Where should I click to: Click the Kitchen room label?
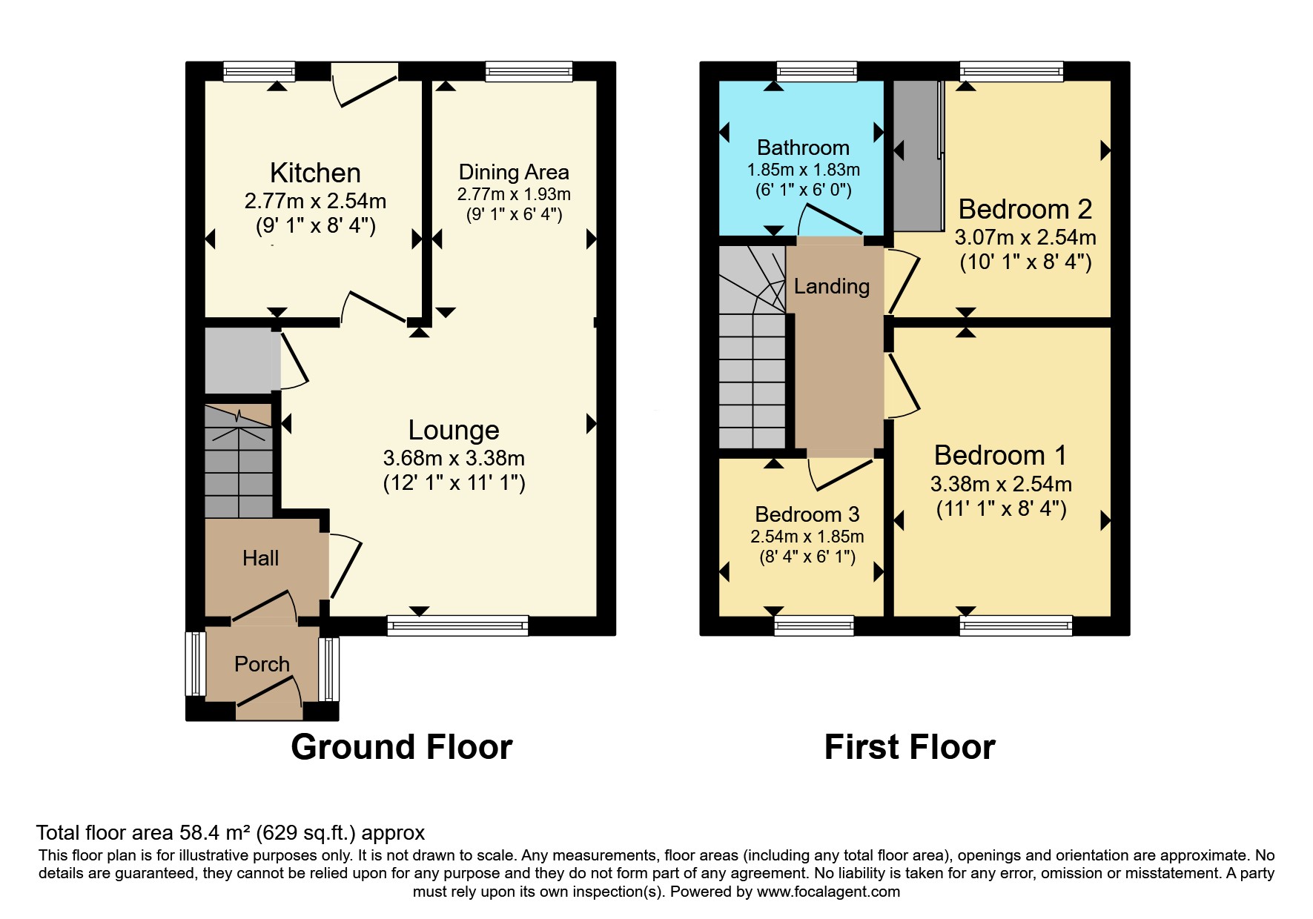[315, 173]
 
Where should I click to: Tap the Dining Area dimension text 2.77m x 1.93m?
[514, 195]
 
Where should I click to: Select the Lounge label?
[454, 430]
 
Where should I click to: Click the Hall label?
[260, 558]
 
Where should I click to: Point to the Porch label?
[262, 664]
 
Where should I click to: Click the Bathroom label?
[803, 147]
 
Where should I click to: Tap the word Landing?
[831, 286]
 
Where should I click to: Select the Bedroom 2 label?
[1025, 209]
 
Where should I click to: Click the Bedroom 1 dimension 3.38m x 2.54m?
[1001, 485]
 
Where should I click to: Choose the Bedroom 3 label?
[807, 514]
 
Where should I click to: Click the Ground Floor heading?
[401, 747]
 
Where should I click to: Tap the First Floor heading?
[909, 747]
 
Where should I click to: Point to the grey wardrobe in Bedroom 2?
[916, 156]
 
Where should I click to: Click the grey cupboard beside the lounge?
[239, 361]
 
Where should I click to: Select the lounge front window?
[457, 626]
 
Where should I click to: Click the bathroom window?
[816, 71]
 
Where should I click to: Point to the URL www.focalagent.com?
[828, 892]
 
